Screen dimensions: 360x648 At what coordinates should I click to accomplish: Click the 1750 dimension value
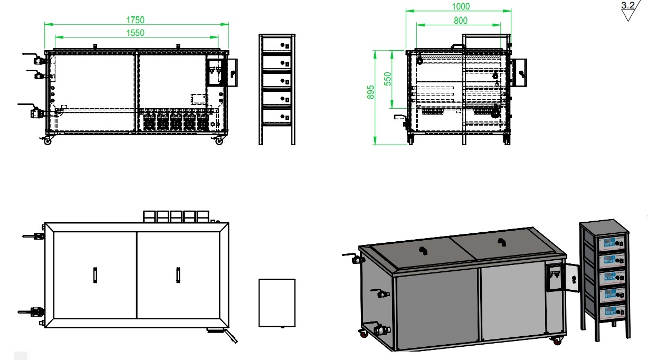135,20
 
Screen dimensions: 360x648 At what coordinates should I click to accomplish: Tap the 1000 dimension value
461,6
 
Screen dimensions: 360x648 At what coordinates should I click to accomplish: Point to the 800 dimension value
461,20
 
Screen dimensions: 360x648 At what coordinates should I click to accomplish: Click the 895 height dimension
370,92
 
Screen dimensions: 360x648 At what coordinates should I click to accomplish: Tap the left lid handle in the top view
95,276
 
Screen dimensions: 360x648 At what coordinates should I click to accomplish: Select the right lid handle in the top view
178,276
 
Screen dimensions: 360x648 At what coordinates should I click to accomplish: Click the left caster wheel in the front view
48,141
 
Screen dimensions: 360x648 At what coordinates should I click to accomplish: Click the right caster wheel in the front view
219,141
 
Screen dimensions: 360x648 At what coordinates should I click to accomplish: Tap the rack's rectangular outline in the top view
277,303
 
